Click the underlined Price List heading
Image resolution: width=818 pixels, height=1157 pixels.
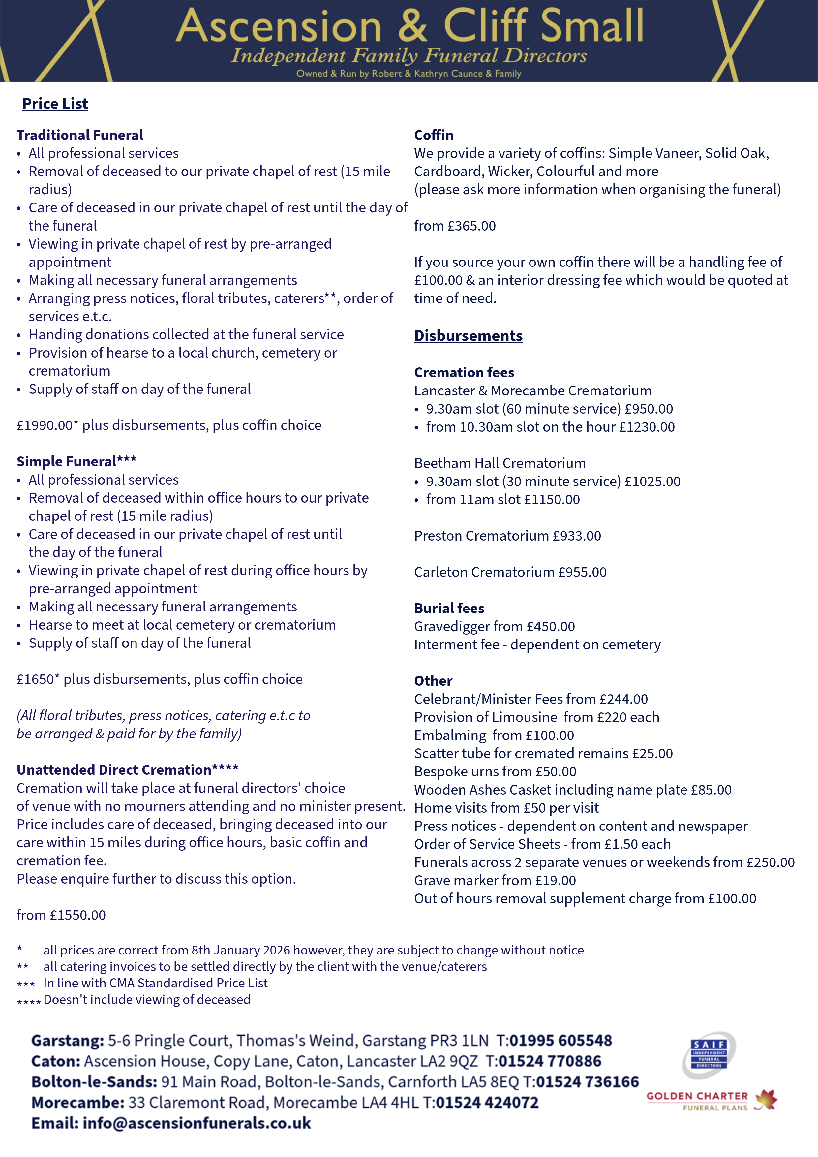(55, 104)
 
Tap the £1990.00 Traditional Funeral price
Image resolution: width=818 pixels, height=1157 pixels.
(45, 425)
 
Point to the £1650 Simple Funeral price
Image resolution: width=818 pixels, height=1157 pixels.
(35, 679)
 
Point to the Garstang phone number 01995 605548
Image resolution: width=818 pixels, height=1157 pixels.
(560, 1041)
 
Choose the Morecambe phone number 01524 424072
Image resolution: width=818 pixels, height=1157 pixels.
(487, 1103)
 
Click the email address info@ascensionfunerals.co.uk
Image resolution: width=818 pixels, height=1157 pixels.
(197, 1123)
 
